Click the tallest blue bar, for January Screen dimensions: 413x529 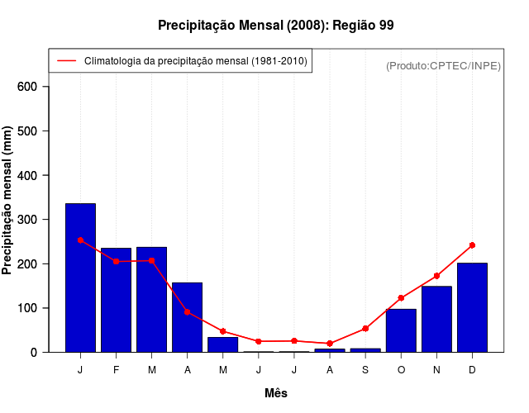80,278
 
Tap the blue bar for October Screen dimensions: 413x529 401,330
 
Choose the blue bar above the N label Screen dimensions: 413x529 436,319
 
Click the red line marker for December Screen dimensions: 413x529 472,245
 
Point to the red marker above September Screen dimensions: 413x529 365,329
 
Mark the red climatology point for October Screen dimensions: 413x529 401,298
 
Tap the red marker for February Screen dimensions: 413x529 117,261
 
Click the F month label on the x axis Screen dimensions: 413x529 117,370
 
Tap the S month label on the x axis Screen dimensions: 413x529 365,370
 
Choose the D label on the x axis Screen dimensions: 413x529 472,370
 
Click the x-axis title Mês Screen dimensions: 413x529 276,393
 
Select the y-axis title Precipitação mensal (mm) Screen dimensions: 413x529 8,201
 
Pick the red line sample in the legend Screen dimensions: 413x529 66,61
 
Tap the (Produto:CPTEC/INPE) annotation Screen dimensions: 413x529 443,65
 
